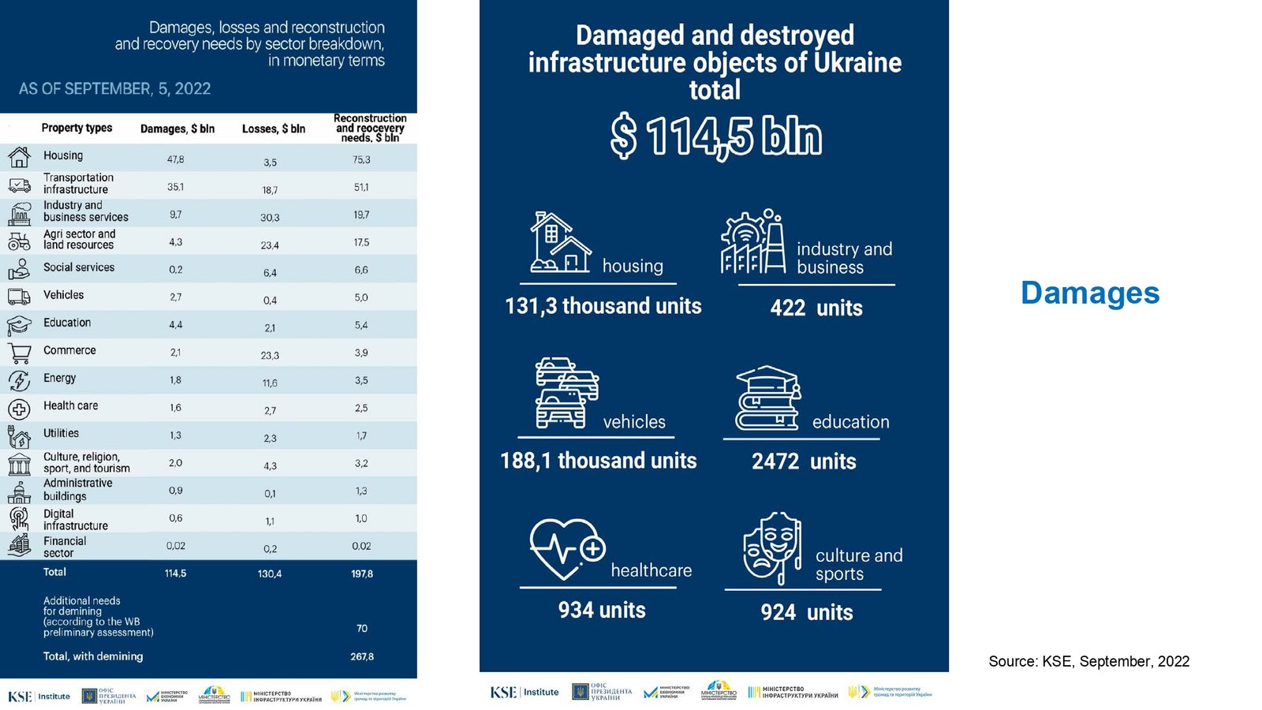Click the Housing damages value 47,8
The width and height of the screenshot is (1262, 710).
point(175,159)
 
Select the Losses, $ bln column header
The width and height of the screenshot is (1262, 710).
point(273,129)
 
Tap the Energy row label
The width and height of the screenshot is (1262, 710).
point(60,378)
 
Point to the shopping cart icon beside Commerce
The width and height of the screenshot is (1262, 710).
point(19,353)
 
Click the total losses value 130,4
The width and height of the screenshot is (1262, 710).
point(270,574)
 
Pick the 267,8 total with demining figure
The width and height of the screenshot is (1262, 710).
point(362,656)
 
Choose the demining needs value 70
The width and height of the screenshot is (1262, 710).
point(362,629)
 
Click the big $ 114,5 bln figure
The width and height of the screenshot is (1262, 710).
point(715,136)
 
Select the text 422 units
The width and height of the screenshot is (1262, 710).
point(816,308)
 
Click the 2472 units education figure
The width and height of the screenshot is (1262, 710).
point(804,461)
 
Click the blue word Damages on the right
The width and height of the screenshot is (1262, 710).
point(1090,293)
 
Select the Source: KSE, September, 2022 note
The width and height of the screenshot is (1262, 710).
point(1088,662)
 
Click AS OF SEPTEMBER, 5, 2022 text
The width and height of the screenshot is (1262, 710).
point(115,89)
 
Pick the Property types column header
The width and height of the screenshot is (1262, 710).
point(77,128)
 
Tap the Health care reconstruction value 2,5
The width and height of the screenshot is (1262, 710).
point(361,408)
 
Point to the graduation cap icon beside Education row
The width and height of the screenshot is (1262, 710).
point(19,325)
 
